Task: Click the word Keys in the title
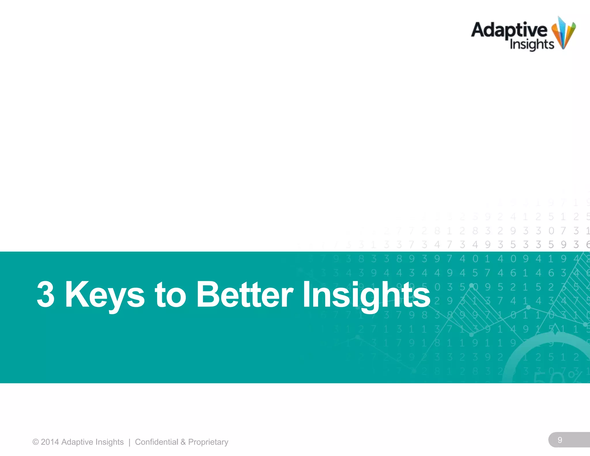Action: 105,295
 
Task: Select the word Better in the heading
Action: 245,295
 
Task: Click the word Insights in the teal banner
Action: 366,295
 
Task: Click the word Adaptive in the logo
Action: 509,30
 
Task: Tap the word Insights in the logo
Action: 532,45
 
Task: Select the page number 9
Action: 560,440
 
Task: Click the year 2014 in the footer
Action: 50,442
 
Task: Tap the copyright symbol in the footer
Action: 35,442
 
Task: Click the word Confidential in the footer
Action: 156,442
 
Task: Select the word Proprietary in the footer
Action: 208,442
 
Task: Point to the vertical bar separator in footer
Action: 129,442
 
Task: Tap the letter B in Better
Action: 206,294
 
